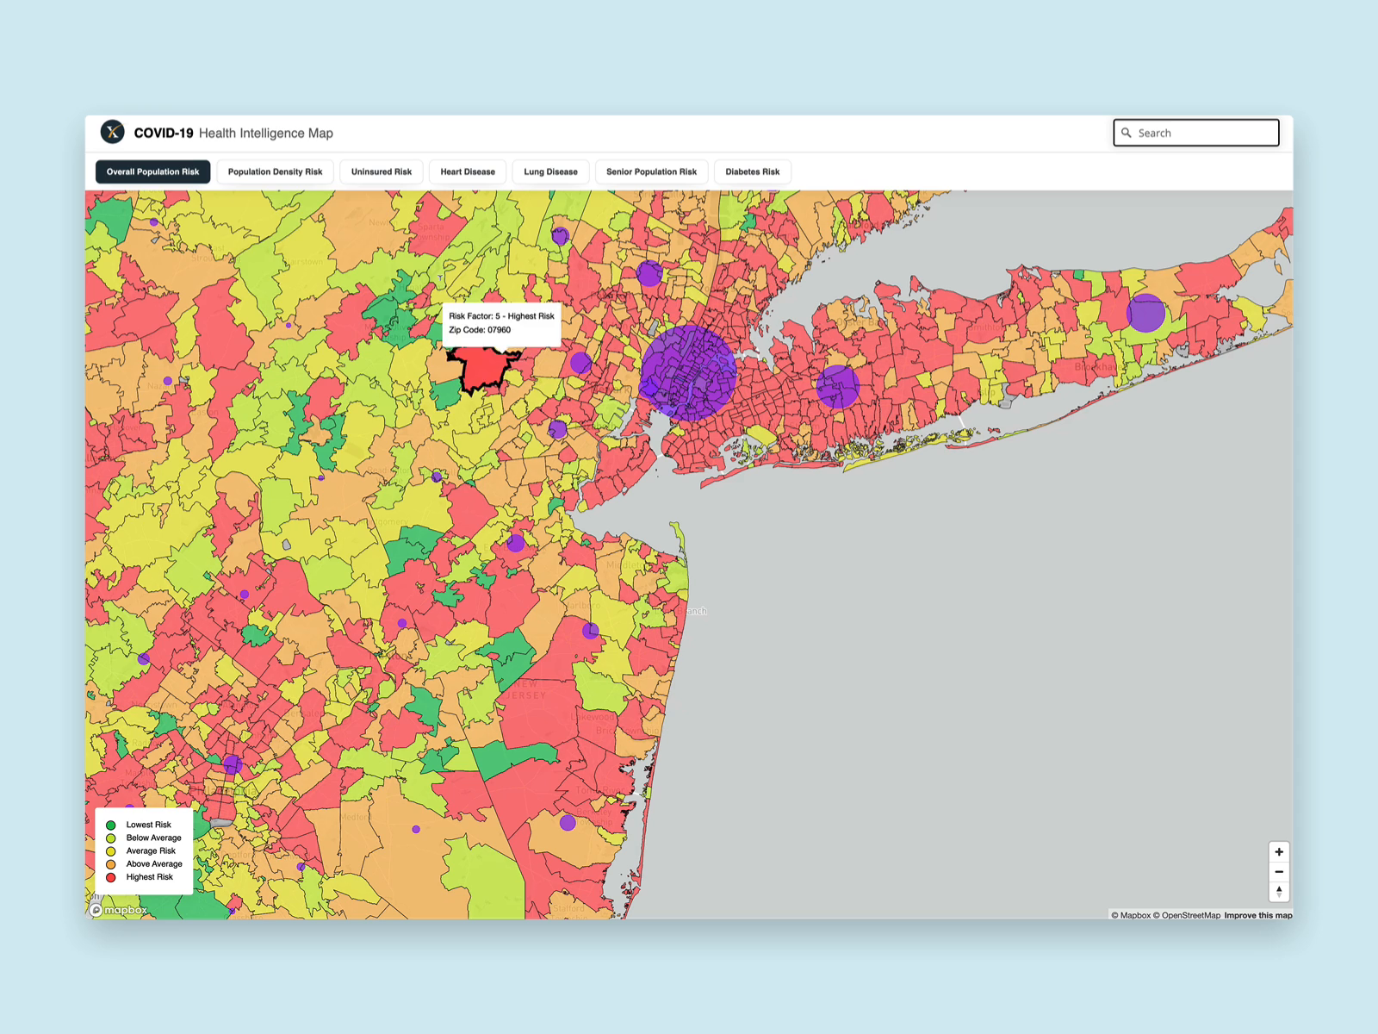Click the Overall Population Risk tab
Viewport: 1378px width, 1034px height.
[152, 171]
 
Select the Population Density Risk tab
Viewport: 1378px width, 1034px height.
[275, 171]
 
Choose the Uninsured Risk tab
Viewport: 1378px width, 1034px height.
[381, 171]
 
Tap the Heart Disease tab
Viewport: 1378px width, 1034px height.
[468, 171]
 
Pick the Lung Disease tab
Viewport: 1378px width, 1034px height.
[550, 171]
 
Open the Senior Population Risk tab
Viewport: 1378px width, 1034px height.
[651, 171]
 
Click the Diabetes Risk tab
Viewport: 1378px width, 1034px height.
[752, 171]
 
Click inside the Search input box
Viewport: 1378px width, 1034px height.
[1204, 133]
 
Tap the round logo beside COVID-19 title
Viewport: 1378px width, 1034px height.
[113, 132]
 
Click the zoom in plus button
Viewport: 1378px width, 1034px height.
[1279, 852]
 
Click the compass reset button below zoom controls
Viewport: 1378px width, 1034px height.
[1279, 892]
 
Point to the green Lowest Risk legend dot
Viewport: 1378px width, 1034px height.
[111, 825]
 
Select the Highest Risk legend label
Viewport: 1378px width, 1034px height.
[150, 877]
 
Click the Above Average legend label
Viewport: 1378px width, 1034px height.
[154, 864]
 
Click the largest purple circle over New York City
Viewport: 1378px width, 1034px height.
[688, 373]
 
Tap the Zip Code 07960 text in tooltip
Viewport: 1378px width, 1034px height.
[480, 330]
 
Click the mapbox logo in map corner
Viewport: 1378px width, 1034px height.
[119, 910]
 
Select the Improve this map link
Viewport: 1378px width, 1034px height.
[1257, 915]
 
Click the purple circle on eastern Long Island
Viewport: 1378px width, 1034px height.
[1145, 313]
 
